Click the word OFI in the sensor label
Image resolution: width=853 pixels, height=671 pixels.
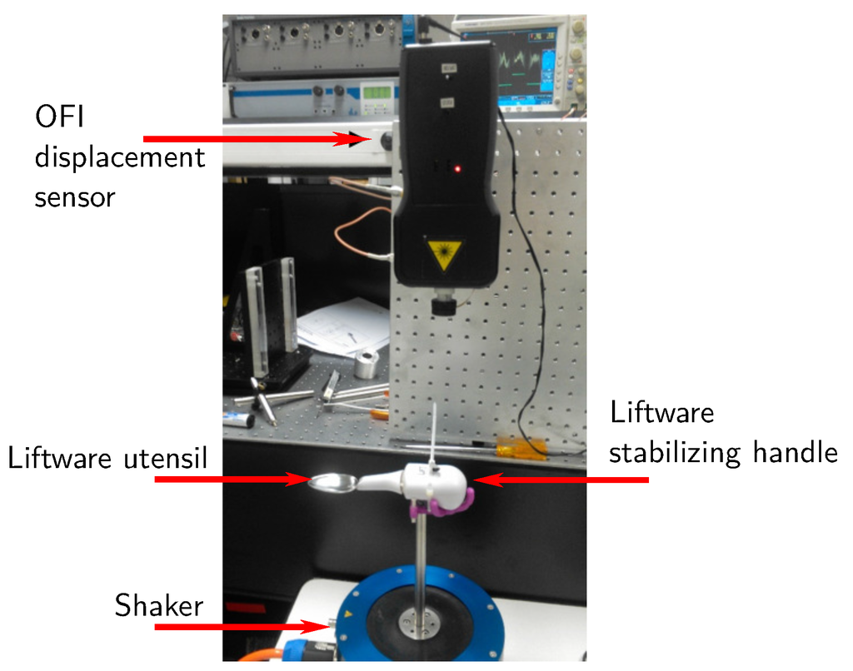60,117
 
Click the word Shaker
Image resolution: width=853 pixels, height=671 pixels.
158,605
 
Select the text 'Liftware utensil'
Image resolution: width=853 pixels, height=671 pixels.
107,458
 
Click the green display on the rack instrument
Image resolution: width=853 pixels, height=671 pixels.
379,91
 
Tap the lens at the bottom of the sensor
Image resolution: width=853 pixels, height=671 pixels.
443,306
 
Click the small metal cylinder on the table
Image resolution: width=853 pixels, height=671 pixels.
366,364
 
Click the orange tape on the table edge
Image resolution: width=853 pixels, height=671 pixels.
521,450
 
